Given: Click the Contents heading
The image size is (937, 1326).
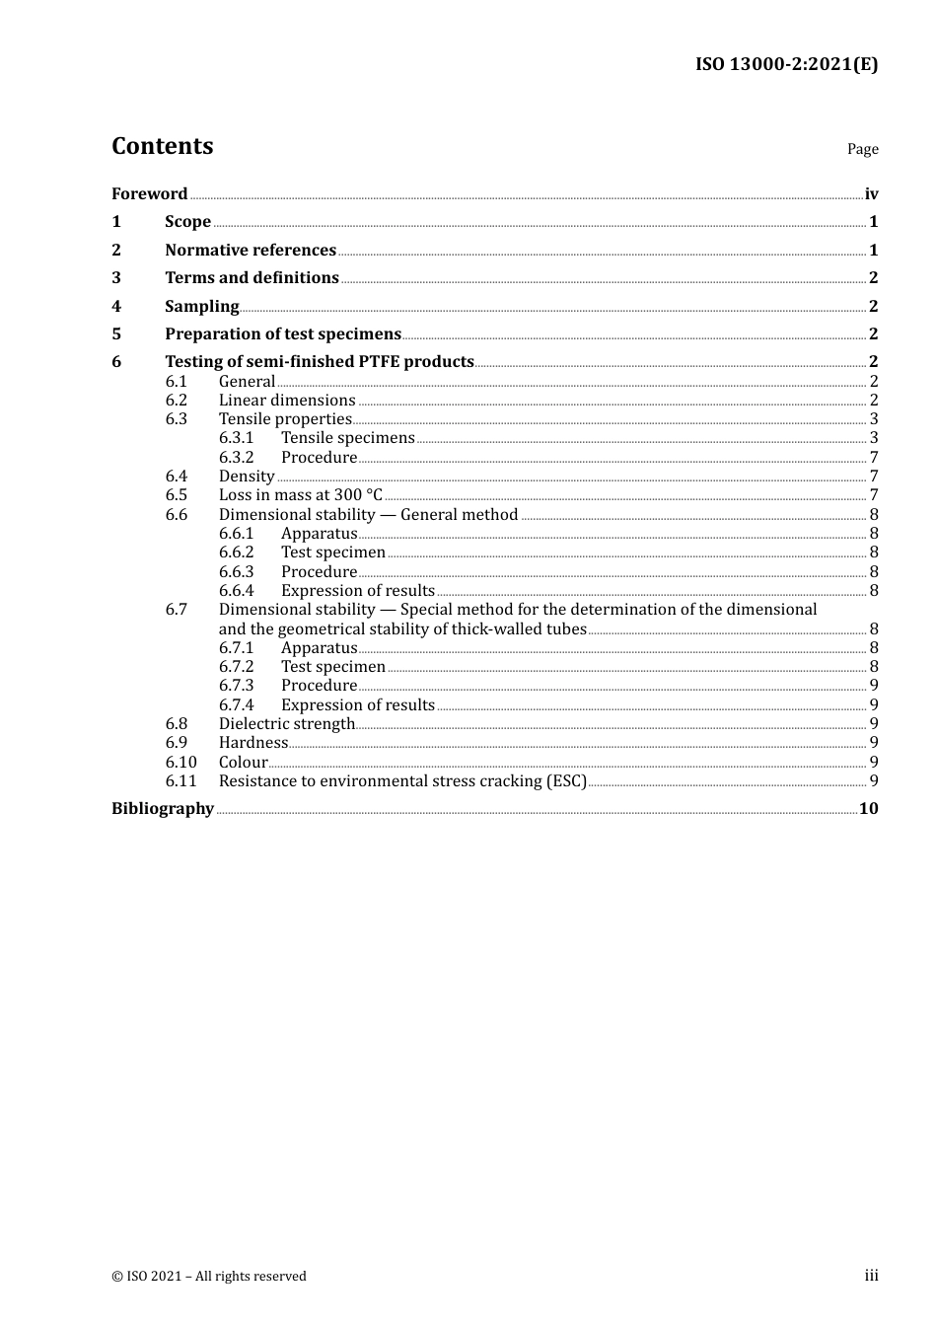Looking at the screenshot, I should (162, 146).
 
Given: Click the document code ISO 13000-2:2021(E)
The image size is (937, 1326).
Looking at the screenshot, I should (786, 64).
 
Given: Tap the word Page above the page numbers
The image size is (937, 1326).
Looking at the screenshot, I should (862, 149).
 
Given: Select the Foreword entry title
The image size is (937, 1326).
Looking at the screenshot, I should (149, 193).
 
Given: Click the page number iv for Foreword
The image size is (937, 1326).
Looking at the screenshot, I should (871, 193).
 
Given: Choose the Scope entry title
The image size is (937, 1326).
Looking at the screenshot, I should (187, 221).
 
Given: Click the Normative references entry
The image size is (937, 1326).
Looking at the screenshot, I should (251, 250).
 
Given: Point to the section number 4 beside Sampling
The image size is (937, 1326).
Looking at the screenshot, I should (116, 306).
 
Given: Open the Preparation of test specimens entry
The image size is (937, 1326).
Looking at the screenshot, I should (283, 333).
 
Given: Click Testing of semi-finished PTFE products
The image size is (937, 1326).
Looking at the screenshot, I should (320, 361).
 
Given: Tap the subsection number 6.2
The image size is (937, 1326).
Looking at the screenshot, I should (177, 400).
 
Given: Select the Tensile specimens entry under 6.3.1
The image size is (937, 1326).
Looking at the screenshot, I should (347, 437).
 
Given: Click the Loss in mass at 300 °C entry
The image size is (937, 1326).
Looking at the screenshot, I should (300, 494).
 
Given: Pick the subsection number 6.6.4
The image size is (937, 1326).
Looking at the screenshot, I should (236, 590).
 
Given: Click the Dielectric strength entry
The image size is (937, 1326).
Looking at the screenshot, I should (286, 723).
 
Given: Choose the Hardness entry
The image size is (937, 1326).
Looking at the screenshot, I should (253, 742).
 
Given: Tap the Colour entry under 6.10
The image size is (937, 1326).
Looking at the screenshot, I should (243, 762).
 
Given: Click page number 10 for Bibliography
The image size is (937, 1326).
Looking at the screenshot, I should (868, 808).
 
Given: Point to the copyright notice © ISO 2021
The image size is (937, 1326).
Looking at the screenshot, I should (209, 1276).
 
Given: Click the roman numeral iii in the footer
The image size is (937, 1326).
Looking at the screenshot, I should (871, 1275).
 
